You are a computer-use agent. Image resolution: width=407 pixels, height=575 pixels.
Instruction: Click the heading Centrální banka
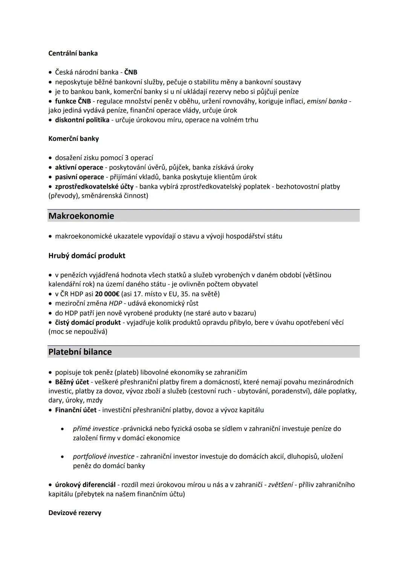pyautogui.click(x=73, y=53)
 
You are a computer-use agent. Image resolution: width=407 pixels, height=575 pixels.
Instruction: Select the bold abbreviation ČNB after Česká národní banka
pyautogui.click(x=130, y=72)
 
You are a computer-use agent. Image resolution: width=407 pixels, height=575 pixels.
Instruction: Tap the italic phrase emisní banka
pyautogui.click(x=327, y=101)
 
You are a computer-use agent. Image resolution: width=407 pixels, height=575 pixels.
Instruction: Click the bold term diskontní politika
pyautogui.click(x=82, y=120)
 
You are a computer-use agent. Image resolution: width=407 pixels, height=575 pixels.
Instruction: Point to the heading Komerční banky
pyautogui.click(x=73, y=139)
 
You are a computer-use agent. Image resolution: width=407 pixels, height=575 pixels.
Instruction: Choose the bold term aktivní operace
pyautogui.click(x=79, y=167)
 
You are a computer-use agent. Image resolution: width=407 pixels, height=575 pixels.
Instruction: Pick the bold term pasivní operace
pyautogui.click(x=80, y=177)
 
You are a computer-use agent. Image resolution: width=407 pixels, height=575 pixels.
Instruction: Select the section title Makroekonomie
pyautogui.click(x=81, y=216)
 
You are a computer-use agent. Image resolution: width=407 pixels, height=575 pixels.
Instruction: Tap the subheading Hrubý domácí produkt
pyautogui.click(x=87, y=256)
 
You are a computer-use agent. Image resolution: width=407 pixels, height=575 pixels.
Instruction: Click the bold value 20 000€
pyautogui.click(x=107, y=294)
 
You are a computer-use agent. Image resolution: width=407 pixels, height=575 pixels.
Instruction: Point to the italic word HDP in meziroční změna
pyautogui.click(x=116, y=303)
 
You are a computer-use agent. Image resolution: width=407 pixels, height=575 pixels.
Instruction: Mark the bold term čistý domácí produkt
pyautogui.click(x=88, y=322)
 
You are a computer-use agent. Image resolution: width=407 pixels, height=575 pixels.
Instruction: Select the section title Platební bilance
pyautogui.click(x=80, y=352)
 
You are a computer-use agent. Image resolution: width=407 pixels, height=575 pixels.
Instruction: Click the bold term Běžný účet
pyautogui.click(x=72, y=382)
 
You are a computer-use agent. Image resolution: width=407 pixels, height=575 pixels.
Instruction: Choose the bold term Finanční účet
pyautogui.click(x=76, y=410)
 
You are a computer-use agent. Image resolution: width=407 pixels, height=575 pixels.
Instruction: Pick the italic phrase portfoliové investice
pyautogui.click(x=104, y=456)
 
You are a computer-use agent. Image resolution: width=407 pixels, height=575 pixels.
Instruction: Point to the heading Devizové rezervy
pyautogui.click(x=75, y=513)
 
